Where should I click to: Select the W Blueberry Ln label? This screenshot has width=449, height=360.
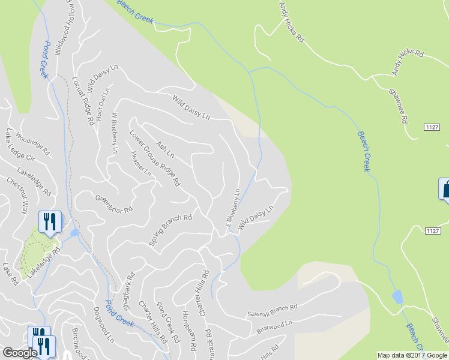click(114, 133)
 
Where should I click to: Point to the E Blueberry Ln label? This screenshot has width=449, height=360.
click(233, 208)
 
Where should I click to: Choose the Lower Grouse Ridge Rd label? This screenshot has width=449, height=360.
click(155, 158)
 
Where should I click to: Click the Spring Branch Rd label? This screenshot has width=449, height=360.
click(170, 230)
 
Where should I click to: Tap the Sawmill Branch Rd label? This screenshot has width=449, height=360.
click(273, 310)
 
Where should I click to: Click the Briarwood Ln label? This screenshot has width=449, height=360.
click(273, 326)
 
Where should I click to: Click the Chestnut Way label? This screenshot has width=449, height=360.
click(17, 195)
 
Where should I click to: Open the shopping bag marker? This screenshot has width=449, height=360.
click(445, 189)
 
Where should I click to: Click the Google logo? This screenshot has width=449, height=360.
click(20, 353)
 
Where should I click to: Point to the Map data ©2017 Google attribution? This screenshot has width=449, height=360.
click(412, 355)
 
